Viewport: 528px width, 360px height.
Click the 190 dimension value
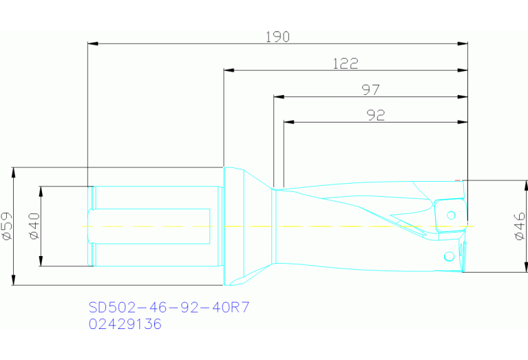[x=277, y=36]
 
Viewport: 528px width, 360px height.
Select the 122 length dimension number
[x=345, y=63]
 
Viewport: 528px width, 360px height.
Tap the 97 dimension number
[x=370, y=89]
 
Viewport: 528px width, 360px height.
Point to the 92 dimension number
[x=374, y=116]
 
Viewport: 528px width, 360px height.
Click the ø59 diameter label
[x=8, y=226]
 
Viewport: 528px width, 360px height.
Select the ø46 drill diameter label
[x=520, y=226]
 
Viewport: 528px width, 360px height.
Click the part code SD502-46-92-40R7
[x=169, y=307]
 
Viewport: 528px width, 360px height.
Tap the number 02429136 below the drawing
[x=125, y=324]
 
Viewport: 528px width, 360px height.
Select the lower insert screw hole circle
[x=449, y=256]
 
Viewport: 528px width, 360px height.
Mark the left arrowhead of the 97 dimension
[x=279, y=96]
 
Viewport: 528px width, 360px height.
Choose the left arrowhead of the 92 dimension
[x=289, y=123]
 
